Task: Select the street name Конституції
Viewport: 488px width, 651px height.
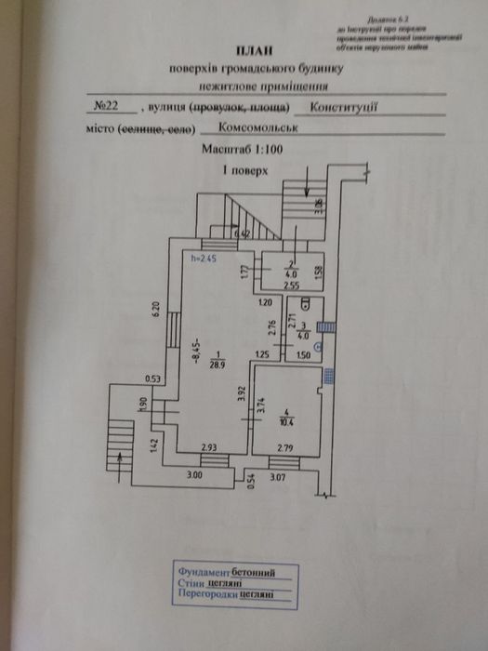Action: tap(344, 108)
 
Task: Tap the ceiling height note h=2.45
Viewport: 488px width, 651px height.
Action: tap(203, 259)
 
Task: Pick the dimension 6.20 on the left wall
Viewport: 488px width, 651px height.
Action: tap(158, 311)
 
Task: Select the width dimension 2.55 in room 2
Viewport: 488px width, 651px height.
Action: tap(290, 284)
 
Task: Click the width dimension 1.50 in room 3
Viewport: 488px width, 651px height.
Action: tap(301, 353)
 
